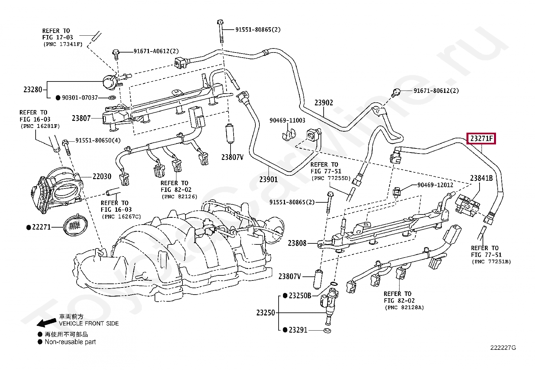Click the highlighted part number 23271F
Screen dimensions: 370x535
(481, 138)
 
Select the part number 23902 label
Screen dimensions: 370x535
(324, 103)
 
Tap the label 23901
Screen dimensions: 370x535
(269, 179)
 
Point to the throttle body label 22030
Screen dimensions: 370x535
(102, 176)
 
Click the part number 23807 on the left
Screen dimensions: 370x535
(81, 118)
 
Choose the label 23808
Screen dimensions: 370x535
(297, 243)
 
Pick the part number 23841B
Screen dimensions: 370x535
(481, 178)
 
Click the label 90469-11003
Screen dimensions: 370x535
(287, 120)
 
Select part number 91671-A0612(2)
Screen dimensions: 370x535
(156, 52)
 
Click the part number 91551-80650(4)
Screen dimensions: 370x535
(97, 140)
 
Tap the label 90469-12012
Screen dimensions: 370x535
(435, 185)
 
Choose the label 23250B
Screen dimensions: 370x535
(299, 296)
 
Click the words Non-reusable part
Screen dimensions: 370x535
(70, 342)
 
